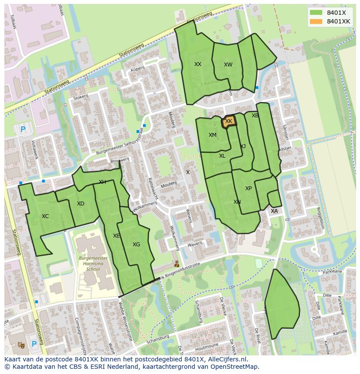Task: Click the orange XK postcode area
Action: tap(229, 122)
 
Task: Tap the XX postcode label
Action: tap(198, 64)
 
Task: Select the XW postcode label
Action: tap(228, 65)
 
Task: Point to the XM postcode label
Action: tap(212, 135)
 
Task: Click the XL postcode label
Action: tap(222, 156)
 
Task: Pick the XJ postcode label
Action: tap(243, 146)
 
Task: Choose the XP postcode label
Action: tap(248, 189)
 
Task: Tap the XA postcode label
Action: tap(274, 211)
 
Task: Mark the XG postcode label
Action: tap(136, 245)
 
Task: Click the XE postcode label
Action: tap(116, 236)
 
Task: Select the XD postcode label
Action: tap(80, 204)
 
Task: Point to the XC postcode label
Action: tap(45, 216)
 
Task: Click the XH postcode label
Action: tap(102, 182)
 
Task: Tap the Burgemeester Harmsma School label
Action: tap(93, 263)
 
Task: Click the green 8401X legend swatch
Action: tap(316, 13)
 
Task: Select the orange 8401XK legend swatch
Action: tap(316, 21)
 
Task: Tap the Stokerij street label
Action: tap(81, 97)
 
